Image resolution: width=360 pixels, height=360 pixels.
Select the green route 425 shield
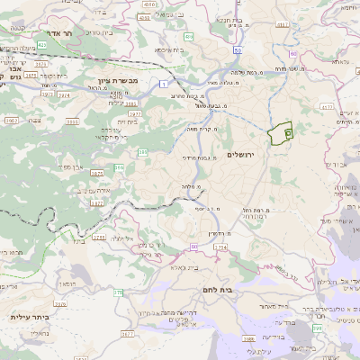tap(43, 44)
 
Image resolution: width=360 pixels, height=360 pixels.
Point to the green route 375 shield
tap(119, 292)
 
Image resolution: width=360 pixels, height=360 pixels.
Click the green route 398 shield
tap(317, 328)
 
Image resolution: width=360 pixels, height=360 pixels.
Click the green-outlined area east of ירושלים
tap(282, 134)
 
